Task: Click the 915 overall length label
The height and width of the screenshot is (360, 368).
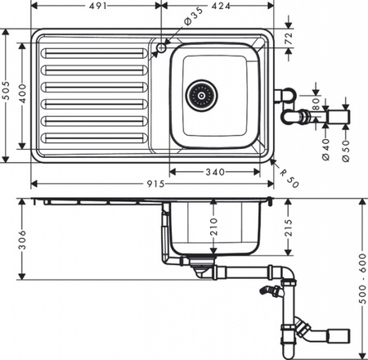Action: pyautogui.click(x=157, y=184)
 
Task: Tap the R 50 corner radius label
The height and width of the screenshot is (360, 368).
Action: pyautogui.click(x=287, y=178)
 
